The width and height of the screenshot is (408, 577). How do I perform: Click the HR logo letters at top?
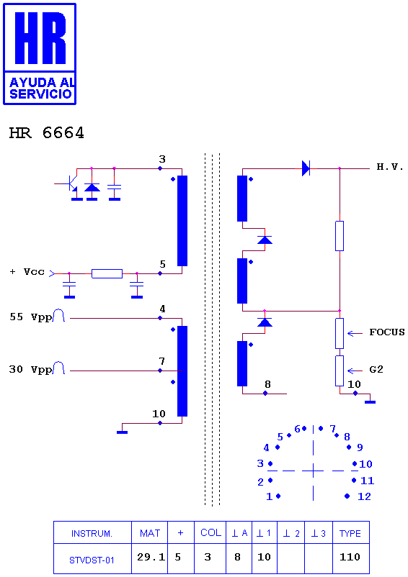(x=40, y=38)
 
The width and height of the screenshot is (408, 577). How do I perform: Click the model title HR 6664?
(x=46, y=133)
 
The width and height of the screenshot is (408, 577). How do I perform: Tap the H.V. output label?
(x=390, y=167)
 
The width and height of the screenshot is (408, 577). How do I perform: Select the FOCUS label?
(x=387, y=332)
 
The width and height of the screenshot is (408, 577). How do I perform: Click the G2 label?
(x=376, y=370)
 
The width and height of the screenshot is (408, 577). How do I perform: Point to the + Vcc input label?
(x=27, y=272)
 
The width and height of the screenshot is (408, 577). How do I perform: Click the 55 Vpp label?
(x=30, y=317)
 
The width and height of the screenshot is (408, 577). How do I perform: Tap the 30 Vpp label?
(x=30, y=370)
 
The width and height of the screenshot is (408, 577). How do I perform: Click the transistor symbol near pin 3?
(x=70, y=183)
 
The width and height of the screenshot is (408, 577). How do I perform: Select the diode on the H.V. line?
(x=306, y=168)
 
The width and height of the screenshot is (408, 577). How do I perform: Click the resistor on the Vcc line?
(x=107, y=273)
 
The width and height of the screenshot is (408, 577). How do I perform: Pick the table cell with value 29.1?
(x=150, y=558)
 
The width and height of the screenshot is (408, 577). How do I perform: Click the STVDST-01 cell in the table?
(x=92, y=558)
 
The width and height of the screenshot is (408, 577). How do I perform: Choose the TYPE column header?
(x=350, y=533)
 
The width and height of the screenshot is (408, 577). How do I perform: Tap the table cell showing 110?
(x=350, y=557)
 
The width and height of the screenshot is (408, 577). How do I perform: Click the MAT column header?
(x=150, y=533)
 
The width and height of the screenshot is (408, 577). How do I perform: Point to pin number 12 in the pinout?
(x=364, y=496)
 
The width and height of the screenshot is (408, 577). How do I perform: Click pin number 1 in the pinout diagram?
(x=270, y=496)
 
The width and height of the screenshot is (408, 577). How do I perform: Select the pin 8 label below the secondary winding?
(x=267, y=384)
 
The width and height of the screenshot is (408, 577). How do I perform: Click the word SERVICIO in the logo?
(x=40, y=94)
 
